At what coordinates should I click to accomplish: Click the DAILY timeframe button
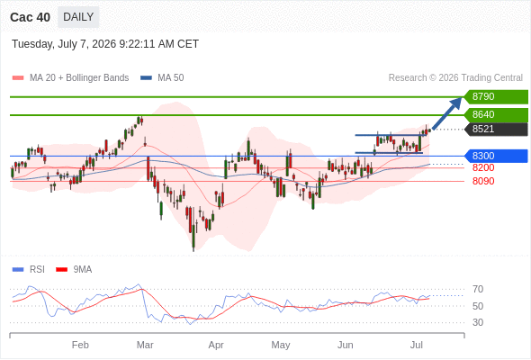(x=78, y=17)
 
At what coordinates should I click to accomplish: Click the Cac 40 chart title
(x=30, y=17)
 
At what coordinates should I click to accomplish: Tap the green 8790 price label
(x=496, y=97)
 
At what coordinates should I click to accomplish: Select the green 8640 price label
(x=496, y=115)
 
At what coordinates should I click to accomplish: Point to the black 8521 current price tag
(x=496, y=129)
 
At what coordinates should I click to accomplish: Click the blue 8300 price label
(x=496, y=156)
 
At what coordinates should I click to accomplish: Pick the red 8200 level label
(x=483, y=167)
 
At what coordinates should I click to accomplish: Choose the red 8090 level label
(x=483, y=181)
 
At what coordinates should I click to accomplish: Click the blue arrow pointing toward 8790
(x=447, y=113)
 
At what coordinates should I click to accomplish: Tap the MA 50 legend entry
(x=162, y=78)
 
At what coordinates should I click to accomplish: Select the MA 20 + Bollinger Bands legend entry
(x=70, y=78)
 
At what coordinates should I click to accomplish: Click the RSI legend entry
(x=29, y=270)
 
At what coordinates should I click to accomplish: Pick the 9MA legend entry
(x=74, y=270)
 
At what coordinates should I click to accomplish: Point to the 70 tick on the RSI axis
(x=478, y=289)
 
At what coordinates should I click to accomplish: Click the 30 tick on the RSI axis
(x=478, y=322)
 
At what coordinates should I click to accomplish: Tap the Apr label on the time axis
(x=216, y=345)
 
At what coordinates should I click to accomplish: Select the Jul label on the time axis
(x=416, y=345)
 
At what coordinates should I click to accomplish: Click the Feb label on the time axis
(x=80, y=345)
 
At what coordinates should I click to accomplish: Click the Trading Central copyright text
(x=455, y=78)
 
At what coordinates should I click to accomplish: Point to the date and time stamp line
(x=105, y=44)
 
